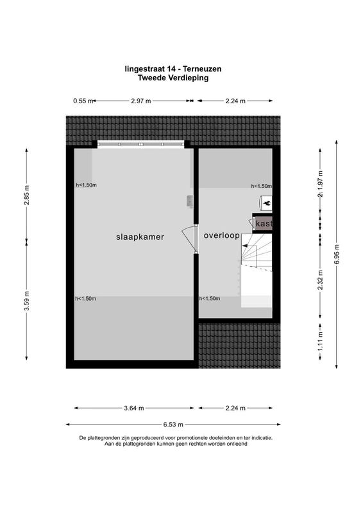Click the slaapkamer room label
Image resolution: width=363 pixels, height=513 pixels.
point(140,237)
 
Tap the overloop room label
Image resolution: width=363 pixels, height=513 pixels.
point(222,235)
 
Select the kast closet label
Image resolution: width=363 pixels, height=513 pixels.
point(264,224)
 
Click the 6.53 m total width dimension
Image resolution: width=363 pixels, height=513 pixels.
point(173,425)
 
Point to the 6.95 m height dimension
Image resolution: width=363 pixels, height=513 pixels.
point(337,254)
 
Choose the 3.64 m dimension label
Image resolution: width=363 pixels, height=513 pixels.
point(134,408)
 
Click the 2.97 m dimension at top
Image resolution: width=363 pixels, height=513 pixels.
point(141,101)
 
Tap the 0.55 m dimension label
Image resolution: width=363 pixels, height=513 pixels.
point(83,101)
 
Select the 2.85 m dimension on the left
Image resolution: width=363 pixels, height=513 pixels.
point(26,195)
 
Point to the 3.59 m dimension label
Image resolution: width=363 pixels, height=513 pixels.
point(26,301)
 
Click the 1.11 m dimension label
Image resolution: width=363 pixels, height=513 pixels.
point(320,341)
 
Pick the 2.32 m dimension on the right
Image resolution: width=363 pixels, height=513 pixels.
point(320,280)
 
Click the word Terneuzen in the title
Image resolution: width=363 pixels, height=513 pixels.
point(202,69)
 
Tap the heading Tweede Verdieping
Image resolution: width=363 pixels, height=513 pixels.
point(173,78)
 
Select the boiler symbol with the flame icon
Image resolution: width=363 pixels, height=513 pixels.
point(266,203)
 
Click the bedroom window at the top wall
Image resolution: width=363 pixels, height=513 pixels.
point(140,144)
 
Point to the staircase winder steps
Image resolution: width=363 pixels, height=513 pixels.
point(257,252)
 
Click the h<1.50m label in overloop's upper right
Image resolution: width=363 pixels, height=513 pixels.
point(261,186)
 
